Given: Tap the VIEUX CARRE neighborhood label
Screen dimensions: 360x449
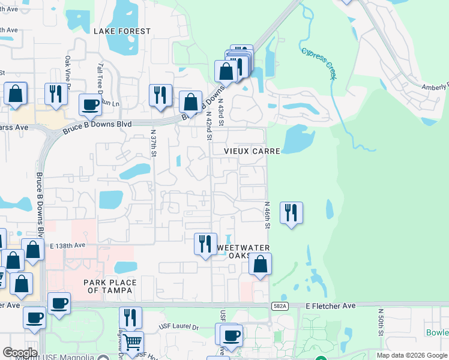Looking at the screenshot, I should coord(253,151).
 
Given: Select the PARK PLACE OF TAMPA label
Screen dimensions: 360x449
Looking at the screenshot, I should coord(110,287).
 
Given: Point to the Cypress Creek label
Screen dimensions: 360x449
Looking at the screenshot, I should coord(319,64).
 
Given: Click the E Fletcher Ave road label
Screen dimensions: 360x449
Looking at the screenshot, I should coord(331,305).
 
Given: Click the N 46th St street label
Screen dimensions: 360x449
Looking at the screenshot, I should coord(268,214).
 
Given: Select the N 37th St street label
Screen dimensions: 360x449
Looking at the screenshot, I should coord(154,143).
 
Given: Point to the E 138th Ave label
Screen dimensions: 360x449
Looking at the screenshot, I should coord(68,246).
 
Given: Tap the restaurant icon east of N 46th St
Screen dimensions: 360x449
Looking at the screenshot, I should coord(291,212).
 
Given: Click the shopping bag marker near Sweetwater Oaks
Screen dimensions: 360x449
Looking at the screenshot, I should coord(260,263).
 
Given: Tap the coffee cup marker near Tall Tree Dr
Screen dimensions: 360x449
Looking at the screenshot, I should coord(91,104).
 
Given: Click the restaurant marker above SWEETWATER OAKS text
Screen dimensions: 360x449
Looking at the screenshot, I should coord(205,243).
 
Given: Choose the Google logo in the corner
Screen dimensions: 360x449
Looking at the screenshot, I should coord(20,353).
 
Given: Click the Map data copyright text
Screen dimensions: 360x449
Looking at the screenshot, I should coord(412,355).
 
